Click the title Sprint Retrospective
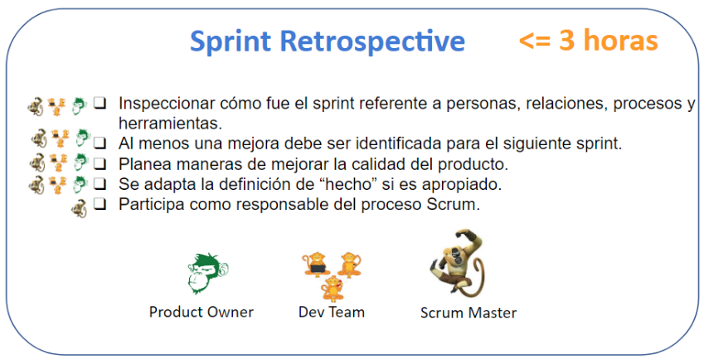tap(327, 41)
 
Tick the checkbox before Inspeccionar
tap(100, 104)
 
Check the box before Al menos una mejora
tap(100, 143)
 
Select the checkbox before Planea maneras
tap(100, 163)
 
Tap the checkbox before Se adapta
tap(100, 183)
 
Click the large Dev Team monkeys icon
tap(332, 274)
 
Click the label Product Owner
tap(201, 312)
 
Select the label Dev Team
tap(332, 312)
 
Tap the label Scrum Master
tap(468, 313)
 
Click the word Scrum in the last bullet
tap(455, 204)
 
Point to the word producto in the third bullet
tap(477, 163)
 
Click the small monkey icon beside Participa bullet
tap(79, 204)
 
